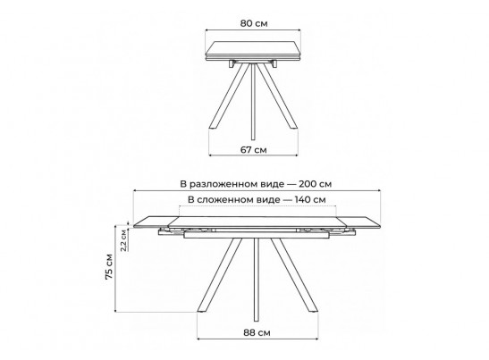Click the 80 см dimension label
254,23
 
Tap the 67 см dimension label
254,150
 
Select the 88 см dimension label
257,333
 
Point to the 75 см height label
109,267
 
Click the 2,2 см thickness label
123,240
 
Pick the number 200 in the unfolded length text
308,184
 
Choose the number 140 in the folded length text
303,199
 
